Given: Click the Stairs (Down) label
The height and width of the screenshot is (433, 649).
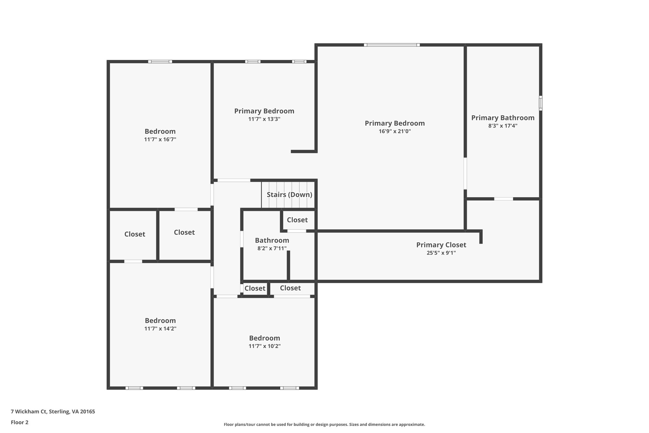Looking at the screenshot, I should [289, 194].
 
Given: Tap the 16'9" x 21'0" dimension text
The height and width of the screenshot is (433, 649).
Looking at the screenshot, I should [395, 131].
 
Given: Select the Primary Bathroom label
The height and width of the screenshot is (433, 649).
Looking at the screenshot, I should [503, 118].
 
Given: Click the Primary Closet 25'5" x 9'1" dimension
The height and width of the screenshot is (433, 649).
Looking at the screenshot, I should [441, 253].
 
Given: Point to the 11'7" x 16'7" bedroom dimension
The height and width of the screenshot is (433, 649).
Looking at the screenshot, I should [160, 139].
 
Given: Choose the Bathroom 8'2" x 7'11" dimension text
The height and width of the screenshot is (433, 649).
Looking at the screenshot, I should [272, 248].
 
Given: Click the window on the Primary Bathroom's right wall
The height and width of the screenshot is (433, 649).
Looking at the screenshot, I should [541, 103].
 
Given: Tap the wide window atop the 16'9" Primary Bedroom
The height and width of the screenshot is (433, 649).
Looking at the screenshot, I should [392, 45].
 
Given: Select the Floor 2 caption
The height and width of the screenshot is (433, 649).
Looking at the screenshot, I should [20, 422].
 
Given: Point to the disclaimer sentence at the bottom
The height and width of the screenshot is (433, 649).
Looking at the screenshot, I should [324, 424].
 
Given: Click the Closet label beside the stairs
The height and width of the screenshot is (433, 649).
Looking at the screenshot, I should [297, 220].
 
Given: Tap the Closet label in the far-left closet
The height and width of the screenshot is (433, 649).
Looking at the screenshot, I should [135, 234].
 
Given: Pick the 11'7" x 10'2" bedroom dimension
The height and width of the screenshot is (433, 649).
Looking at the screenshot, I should [265, 346].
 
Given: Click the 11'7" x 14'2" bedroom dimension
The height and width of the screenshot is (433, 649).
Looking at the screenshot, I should [160, 329].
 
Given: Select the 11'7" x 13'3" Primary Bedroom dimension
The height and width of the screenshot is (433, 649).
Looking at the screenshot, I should [264, 119].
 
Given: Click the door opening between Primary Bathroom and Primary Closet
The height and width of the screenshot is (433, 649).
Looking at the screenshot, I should [504, 199].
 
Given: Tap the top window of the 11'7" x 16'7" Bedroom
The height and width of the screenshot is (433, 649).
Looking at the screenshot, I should [160, 62].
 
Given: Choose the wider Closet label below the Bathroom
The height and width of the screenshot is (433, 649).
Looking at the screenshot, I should [290, 288].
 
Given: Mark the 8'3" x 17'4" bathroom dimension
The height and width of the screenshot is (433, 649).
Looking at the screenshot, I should [503, 126].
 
